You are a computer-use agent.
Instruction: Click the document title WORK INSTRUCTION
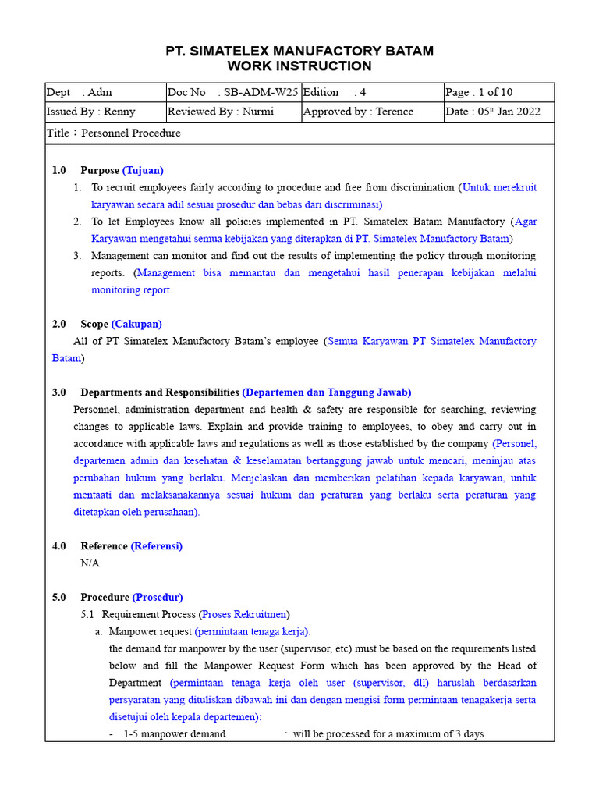click(x=299, y=66)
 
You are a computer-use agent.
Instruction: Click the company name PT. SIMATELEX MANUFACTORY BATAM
click(x=299, y=51)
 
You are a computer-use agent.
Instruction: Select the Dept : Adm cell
click(x=105, y=92)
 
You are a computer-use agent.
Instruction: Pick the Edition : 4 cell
click(x=371, y=92)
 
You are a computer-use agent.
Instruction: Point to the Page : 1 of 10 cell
click(x=498, y=92)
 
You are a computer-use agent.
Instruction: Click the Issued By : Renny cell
click(x=105, y=112)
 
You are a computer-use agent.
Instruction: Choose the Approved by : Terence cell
click(x=371, y=112)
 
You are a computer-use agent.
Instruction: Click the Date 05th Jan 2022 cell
click(x=498, y=112)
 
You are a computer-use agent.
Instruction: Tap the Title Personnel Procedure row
click(x=299, y=133)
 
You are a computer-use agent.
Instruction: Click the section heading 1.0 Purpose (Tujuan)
click(x=108, y=170)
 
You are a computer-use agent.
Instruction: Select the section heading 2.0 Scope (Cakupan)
click(x=107, y=324)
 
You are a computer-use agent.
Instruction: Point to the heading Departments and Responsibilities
click(x=160, y=392)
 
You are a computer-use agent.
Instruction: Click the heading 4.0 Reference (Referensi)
click(x=117, y=546)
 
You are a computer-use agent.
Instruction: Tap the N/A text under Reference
click(x=90, y=563)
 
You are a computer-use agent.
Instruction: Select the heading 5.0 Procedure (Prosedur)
click(x=117, y=597)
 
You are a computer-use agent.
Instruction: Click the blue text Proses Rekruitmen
click(x=244, y=615)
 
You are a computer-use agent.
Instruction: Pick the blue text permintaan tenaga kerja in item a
click(x=251, y=632)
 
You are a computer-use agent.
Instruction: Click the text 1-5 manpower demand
click(x=175, y=734)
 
